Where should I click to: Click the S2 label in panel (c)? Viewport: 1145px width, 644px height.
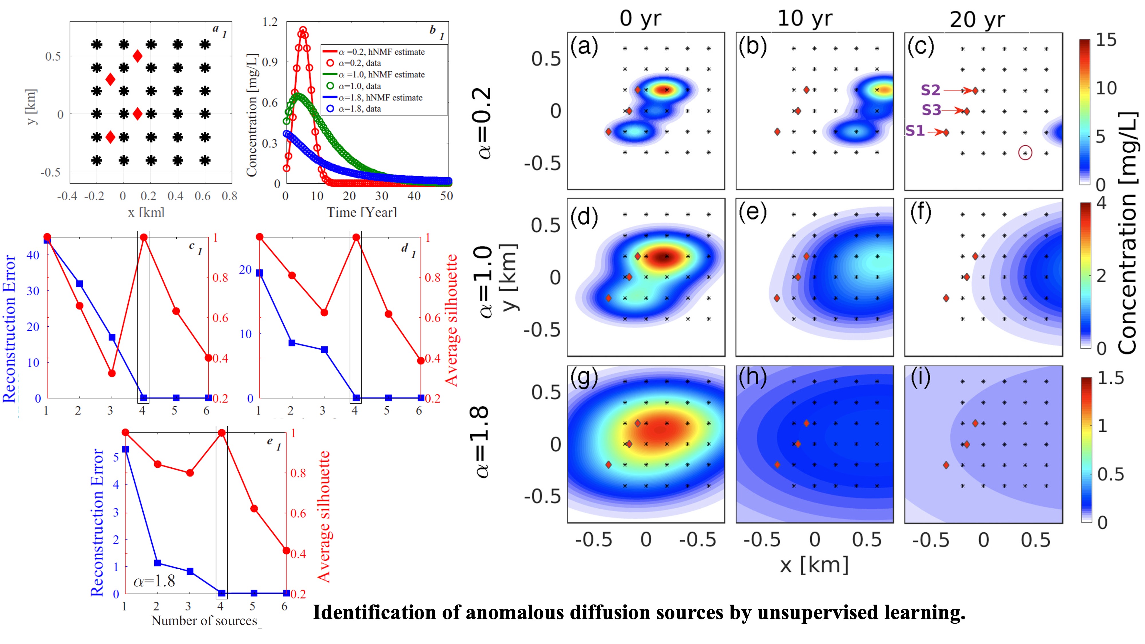(x=930, y=90)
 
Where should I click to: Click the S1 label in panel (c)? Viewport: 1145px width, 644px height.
(x=915, y=131)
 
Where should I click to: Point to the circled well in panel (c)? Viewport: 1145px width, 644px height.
(x=1025, y=153)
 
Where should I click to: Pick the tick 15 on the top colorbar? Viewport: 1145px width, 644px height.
(x=1106, y=40)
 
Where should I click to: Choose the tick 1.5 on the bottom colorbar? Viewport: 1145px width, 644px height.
(x=1110, y=378)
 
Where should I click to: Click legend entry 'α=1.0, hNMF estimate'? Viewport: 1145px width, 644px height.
(x=381, y=75)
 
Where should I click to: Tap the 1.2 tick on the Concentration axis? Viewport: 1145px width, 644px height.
(x=270, y=22)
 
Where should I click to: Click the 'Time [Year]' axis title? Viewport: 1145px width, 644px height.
(x=362, y=212)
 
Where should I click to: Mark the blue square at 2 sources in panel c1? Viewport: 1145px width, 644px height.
(x=80, y=284)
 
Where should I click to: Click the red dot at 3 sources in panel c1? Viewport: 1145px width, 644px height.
(x=112, y=373)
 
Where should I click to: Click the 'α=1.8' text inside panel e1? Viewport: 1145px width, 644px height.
(x=154, y=580)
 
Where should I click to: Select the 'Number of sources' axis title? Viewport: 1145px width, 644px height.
(x=204, y=621)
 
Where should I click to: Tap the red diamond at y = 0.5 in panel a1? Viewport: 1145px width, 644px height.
(x=137, y=56)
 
